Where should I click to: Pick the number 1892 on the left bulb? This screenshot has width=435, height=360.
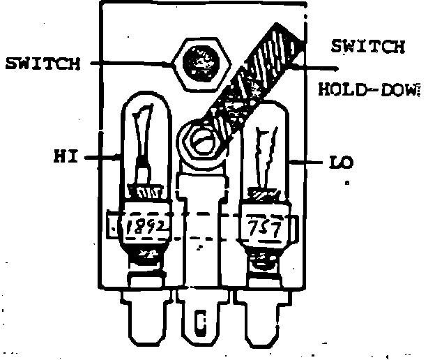click(146, 227)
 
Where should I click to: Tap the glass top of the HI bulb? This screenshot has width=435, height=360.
click(146, 133)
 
